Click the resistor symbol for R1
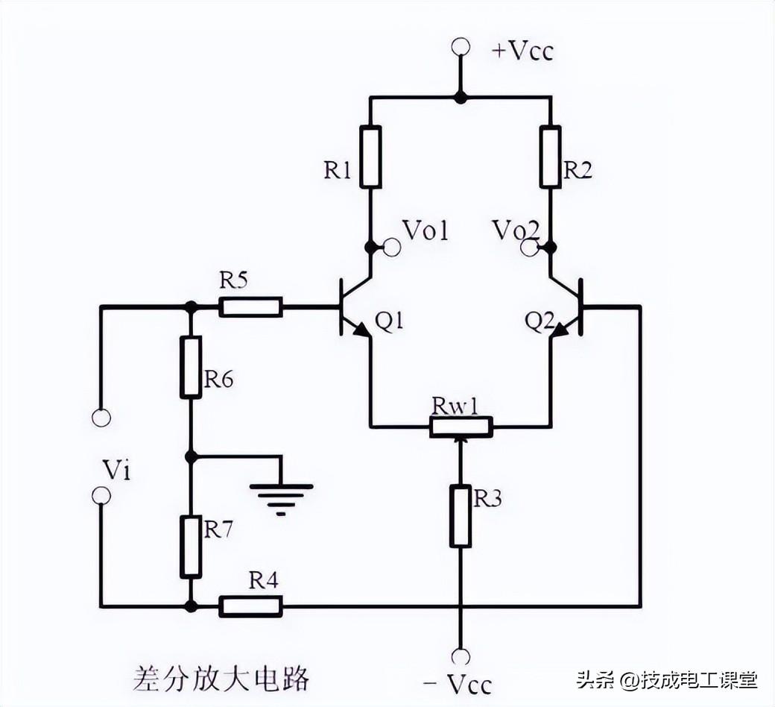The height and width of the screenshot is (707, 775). point(370,157)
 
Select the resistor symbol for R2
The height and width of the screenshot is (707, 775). point(550,157)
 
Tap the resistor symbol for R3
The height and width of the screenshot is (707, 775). point(461,516)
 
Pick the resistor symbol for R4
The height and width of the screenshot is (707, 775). point(250,606)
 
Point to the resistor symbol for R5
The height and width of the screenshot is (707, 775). point(250,307)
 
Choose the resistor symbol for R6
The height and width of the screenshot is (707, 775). point(191,367)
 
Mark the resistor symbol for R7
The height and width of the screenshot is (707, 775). point(191,547)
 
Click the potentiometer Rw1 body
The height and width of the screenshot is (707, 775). point(461,427)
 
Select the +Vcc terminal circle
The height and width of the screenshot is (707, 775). point(461,47)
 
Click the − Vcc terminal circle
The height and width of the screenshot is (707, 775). point(461,656)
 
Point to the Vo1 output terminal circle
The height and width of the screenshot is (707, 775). point(391,248)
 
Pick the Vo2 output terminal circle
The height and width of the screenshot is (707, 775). point(530,248)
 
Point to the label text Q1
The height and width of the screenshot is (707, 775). point(389,321)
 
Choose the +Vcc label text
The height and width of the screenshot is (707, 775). point(522,51)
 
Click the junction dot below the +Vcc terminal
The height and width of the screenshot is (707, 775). point(461,97)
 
